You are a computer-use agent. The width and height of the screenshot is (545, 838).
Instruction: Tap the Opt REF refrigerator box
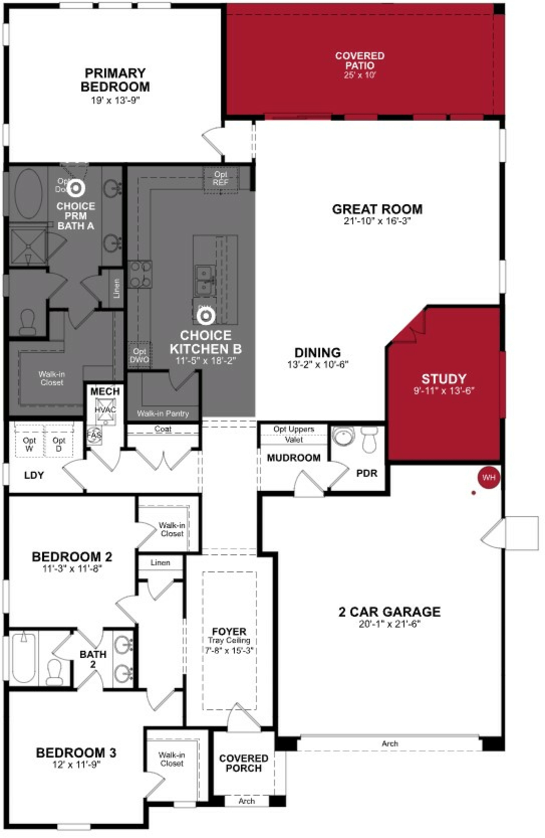coord(220,178)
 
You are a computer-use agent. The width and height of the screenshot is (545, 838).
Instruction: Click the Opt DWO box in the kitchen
coord(139,356)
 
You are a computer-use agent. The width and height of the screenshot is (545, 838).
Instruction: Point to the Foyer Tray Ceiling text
coord(229,640)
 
